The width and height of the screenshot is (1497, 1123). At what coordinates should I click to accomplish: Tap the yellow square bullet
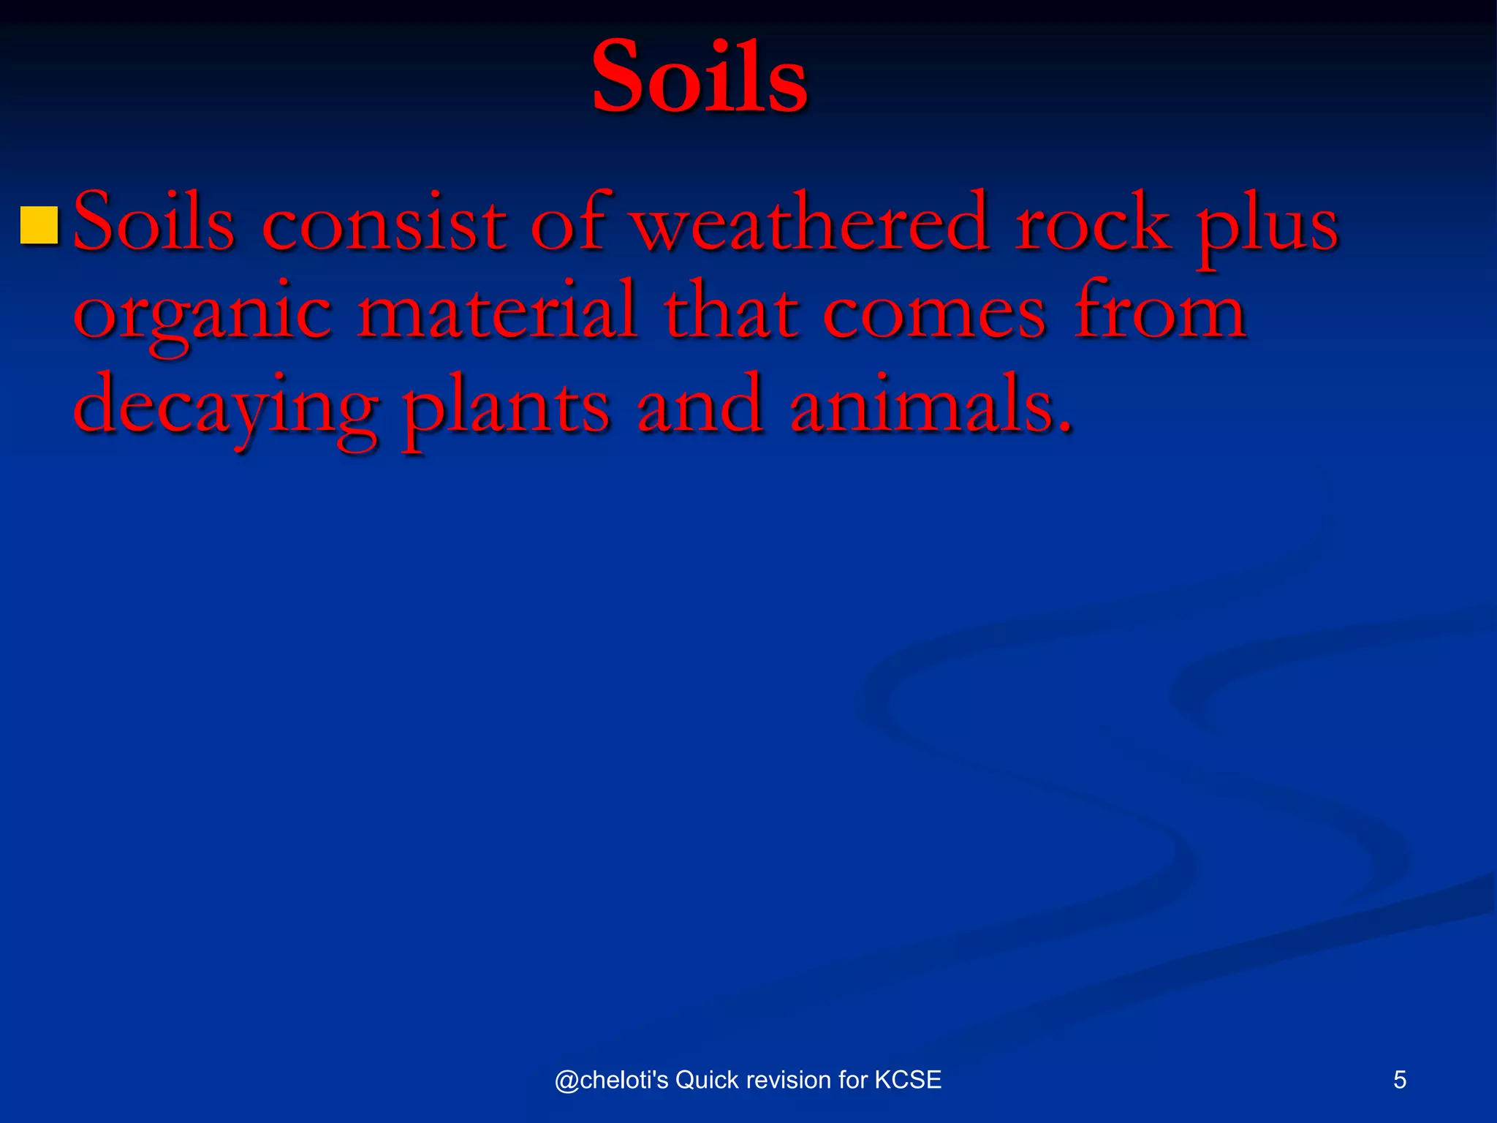[x=39, y=225]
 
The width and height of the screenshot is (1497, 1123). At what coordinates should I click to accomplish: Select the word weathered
[x=811, y=222]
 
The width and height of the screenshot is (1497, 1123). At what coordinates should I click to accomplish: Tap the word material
[x=497, y=311]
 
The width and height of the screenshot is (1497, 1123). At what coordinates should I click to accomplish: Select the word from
[x=1160, y=311]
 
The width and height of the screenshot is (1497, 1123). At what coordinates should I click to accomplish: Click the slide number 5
[x=1399, y=1079]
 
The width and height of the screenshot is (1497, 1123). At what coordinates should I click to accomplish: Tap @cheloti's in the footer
[x=611, y=1080]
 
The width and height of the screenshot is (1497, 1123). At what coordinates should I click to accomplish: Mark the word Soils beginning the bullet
[x=154, y=222]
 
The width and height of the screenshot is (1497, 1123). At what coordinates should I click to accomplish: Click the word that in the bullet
[x=731, y=313]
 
